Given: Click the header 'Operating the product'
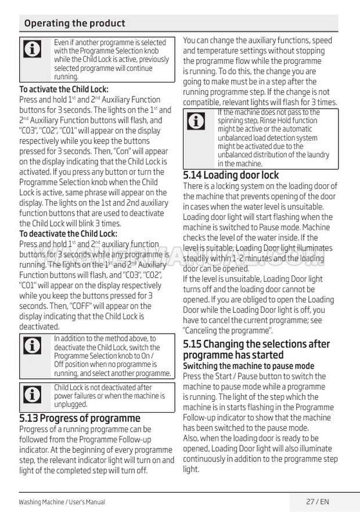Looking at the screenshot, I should point(74,23).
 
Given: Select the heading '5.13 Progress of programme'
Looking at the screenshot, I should point(80,418).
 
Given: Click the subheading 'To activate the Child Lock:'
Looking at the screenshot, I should point(64,89).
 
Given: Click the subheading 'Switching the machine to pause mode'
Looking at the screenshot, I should point(249,366).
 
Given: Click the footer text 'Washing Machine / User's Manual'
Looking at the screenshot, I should point(62,502).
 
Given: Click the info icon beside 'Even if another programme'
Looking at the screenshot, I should point(32,50).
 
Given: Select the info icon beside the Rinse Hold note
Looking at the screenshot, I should point(197,121).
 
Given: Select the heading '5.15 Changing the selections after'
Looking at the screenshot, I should point(256,344).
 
